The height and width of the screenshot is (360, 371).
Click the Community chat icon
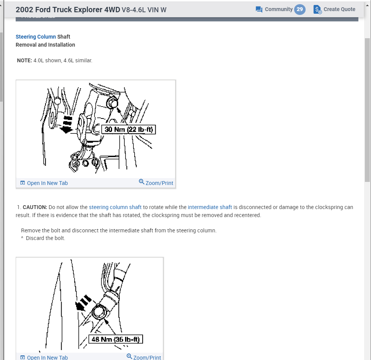point(259,10)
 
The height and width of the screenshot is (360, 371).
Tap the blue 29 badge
point(300,10)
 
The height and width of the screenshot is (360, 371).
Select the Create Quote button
point(335,10)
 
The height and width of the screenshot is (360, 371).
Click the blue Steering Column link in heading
point(36,37)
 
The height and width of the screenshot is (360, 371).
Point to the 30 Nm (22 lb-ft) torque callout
point(129,130)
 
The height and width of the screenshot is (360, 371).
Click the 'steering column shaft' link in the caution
point(115,207)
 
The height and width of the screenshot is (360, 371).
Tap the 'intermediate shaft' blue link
point(210,207)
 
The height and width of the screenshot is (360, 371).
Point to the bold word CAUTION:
point(35,207)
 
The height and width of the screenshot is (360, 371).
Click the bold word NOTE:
point(24,60)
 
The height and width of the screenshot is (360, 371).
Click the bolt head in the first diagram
point(112,102)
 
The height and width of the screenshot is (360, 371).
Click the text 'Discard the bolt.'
point(46,238)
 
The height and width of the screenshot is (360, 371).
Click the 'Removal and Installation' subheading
point(45,45)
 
